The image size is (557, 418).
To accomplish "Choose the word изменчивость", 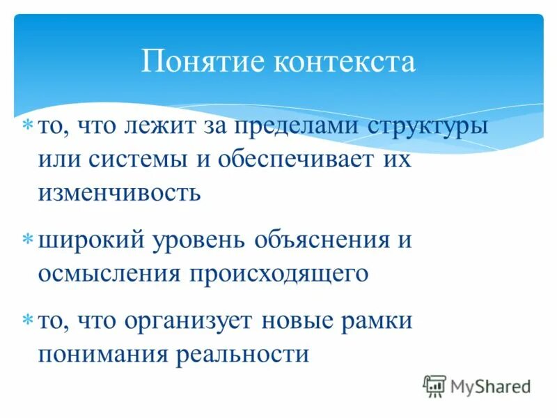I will [x=120, y=192].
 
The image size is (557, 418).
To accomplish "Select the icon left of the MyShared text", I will [x=434, y=386].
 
